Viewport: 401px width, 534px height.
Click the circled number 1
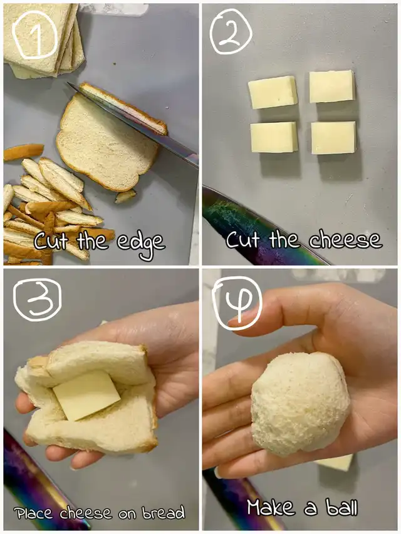(x=35, y=34)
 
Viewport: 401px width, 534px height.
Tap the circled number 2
(x=231, y=31)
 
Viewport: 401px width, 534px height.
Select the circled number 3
(x=37, y=300)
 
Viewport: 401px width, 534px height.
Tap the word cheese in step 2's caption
(x=345, y=240)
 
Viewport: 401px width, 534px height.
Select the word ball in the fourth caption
(x=341, y=508)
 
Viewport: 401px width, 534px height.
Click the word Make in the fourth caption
(x=271, y=508)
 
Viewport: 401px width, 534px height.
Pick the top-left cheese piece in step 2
(x=273, y=92)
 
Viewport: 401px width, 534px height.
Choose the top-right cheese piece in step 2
(x=332, y=86)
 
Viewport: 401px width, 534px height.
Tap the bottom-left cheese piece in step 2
(x=274, y=137)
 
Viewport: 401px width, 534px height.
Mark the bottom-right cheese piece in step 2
(x=334, y=138)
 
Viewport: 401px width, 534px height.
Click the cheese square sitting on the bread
(x=86, y=396)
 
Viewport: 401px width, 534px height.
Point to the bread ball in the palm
(x=300, y=404)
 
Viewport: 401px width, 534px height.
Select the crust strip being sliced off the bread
(x=123, y=108)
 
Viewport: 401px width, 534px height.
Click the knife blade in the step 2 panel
(x=259, y=228)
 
